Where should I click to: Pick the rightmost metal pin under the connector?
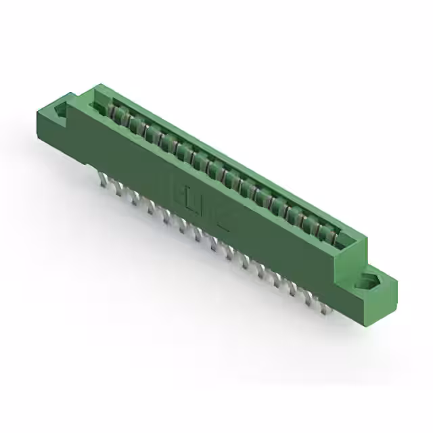click(x=325, y=308)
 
